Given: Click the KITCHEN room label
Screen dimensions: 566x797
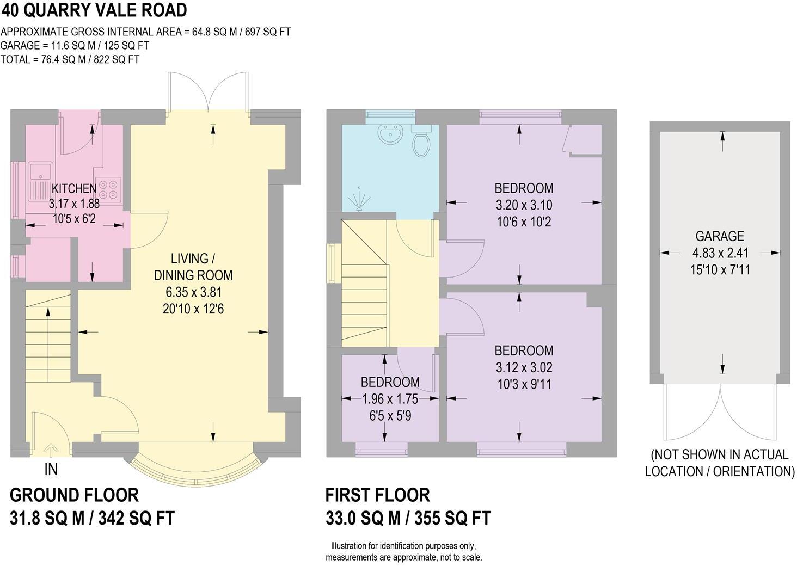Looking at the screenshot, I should click(x=74, y=188).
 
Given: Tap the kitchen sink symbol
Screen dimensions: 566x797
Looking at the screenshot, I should click(x=40, y=182).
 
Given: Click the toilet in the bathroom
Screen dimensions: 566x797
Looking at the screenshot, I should click(x=420, y=143).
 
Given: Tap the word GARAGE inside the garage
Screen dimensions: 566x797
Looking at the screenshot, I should click(x=719, y=236).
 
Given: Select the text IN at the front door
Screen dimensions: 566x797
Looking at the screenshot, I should click(x=51, y=469).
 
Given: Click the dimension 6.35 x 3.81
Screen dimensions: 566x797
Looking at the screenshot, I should click(x=193, y=292).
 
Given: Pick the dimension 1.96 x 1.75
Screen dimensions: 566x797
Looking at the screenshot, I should click(x=390, y=399).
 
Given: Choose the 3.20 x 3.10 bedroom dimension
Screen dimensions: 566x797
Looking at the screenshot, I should click(x=524, y=205).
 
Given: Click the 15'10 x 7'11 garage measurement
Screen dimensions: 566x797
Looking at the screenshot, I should click(x=720, y=269).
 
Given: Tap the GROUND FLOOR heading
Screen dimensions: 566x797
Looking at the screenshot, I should click(x=75, y=495).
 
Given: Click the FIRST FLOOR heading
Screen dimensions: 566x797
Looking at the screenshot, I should click(x=377, y=495).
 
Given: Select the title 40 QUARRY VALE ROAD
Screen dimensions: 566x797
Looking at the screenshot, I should click(x=94, y=10).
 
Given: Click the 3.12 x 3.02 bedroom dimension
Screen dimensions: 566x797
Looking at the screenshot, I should click(x=524, y=367).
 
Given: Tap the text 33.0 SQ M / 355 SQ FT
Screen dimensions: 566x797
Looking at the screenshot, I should click(x=408, y=518).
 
